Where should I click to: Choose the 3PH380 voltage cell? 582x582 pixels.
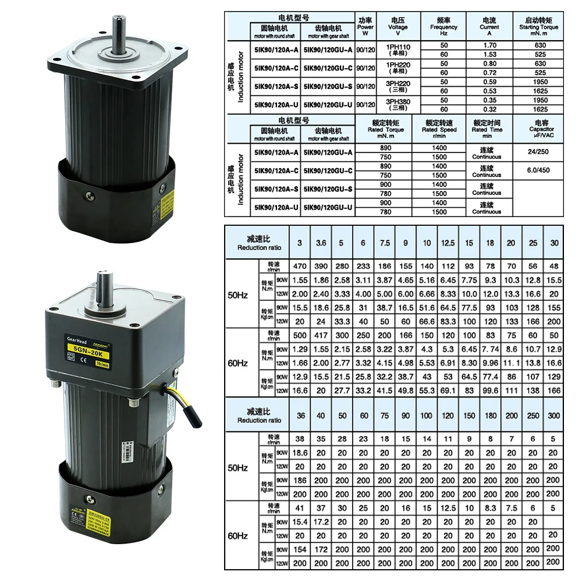tap(398, 104)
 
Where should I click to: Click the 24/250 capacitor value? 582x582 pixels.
tap(538, 152)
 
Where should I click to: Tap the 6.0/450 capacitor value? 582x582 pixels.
tap(538, 171)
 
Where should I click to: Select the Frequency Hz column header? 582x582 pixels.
tap(444, 27)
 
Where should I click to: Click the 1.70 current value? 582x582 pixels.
tap(489, 45)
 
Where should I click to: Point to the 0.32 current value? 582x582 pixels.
tap(489, 109)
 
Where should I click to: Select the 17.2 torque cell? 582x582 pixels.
tap(321, 522)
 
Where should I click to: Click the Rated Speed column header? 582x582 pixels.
tap(439, 126)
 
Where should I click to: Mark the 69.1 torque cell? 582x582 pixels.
tap(448, 391)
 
